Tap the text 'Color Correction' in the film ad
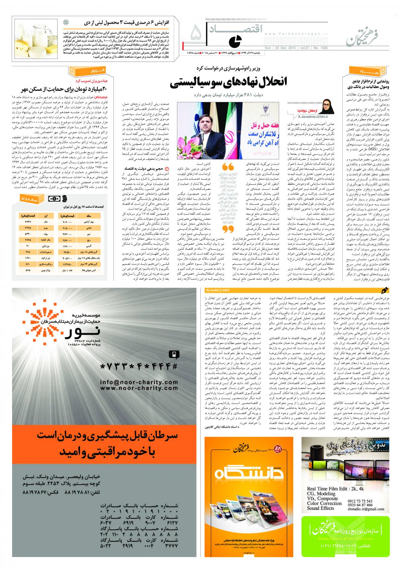click(324, 503)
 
